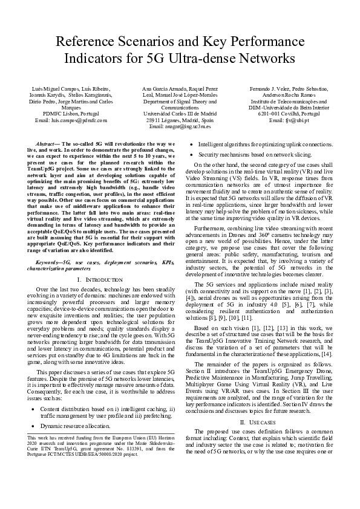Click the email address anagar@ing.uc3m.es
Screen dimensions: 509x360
click(x=179, y=126)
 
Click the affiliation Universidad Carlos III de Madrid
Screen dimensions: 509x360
click(x=179, y=114)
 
